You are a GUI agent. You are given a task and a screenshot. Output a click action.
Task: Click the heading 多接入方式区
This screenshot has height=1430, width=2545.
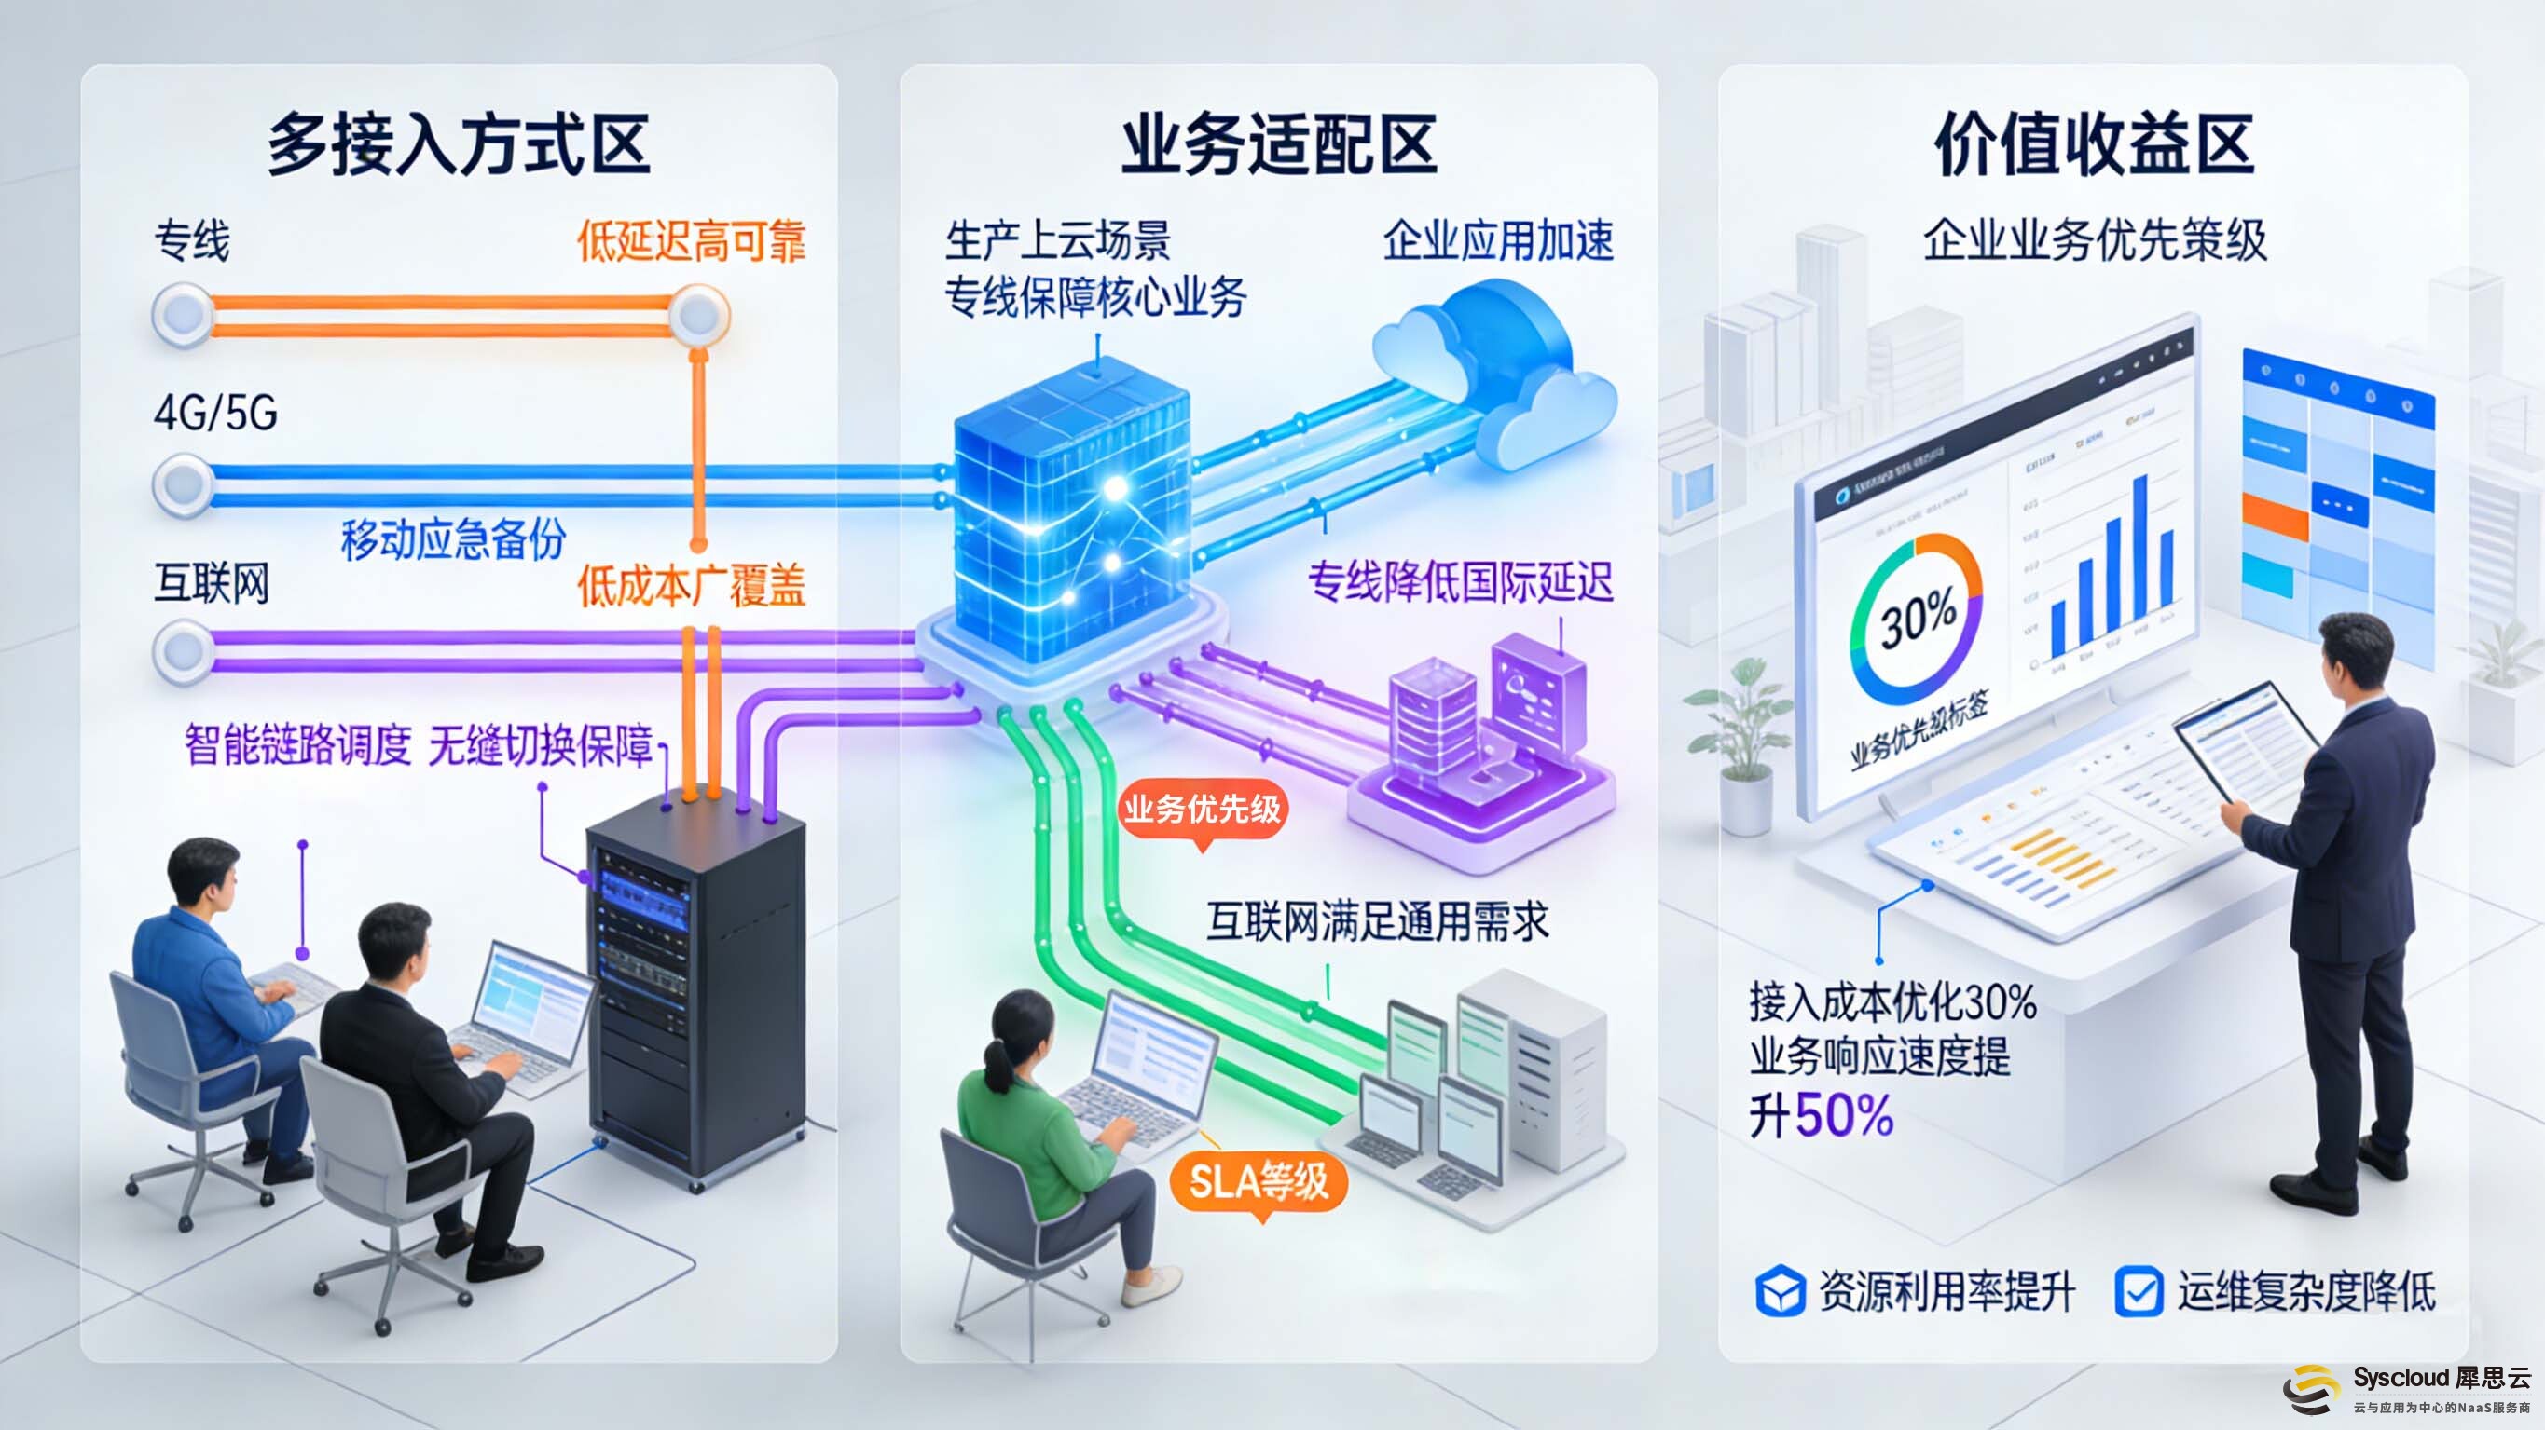click(459, 145)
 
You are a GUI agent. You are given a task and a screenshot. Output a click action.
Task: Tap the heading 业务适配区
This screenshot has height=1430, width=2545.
click(1278, 145)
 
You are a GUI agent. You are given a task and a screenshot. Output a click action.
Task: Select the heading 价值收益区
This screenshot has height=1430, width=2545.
click(2094, 145)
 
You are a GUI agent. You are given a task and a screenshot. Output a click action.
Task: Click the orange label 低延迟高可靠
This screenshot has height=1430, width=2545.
click(692, 241)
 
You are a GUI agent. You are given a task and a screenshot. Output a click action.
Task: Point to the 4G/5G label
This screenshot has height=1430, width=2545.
click(215, 413)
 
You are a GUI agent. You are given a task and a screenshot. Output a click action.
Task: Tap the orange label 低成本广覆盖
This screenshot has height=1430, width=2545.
click(692, 586)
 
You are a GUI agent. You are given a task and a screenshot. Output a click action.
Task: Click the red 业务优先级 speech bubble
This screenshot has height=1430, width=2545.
click(1202, 810)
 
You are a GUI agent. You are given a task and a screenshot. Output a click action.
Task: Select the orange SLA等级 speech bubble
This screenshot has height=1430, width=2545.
click(1258, 1182)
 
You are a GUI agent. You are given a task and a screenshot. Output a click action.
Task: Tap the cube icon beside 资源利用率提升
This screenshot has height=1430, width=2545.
click(1781, 1292)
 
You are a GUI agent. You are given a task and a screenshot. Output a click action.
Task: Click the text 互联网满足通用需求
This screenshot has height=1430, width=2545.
click(1377, 921)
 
